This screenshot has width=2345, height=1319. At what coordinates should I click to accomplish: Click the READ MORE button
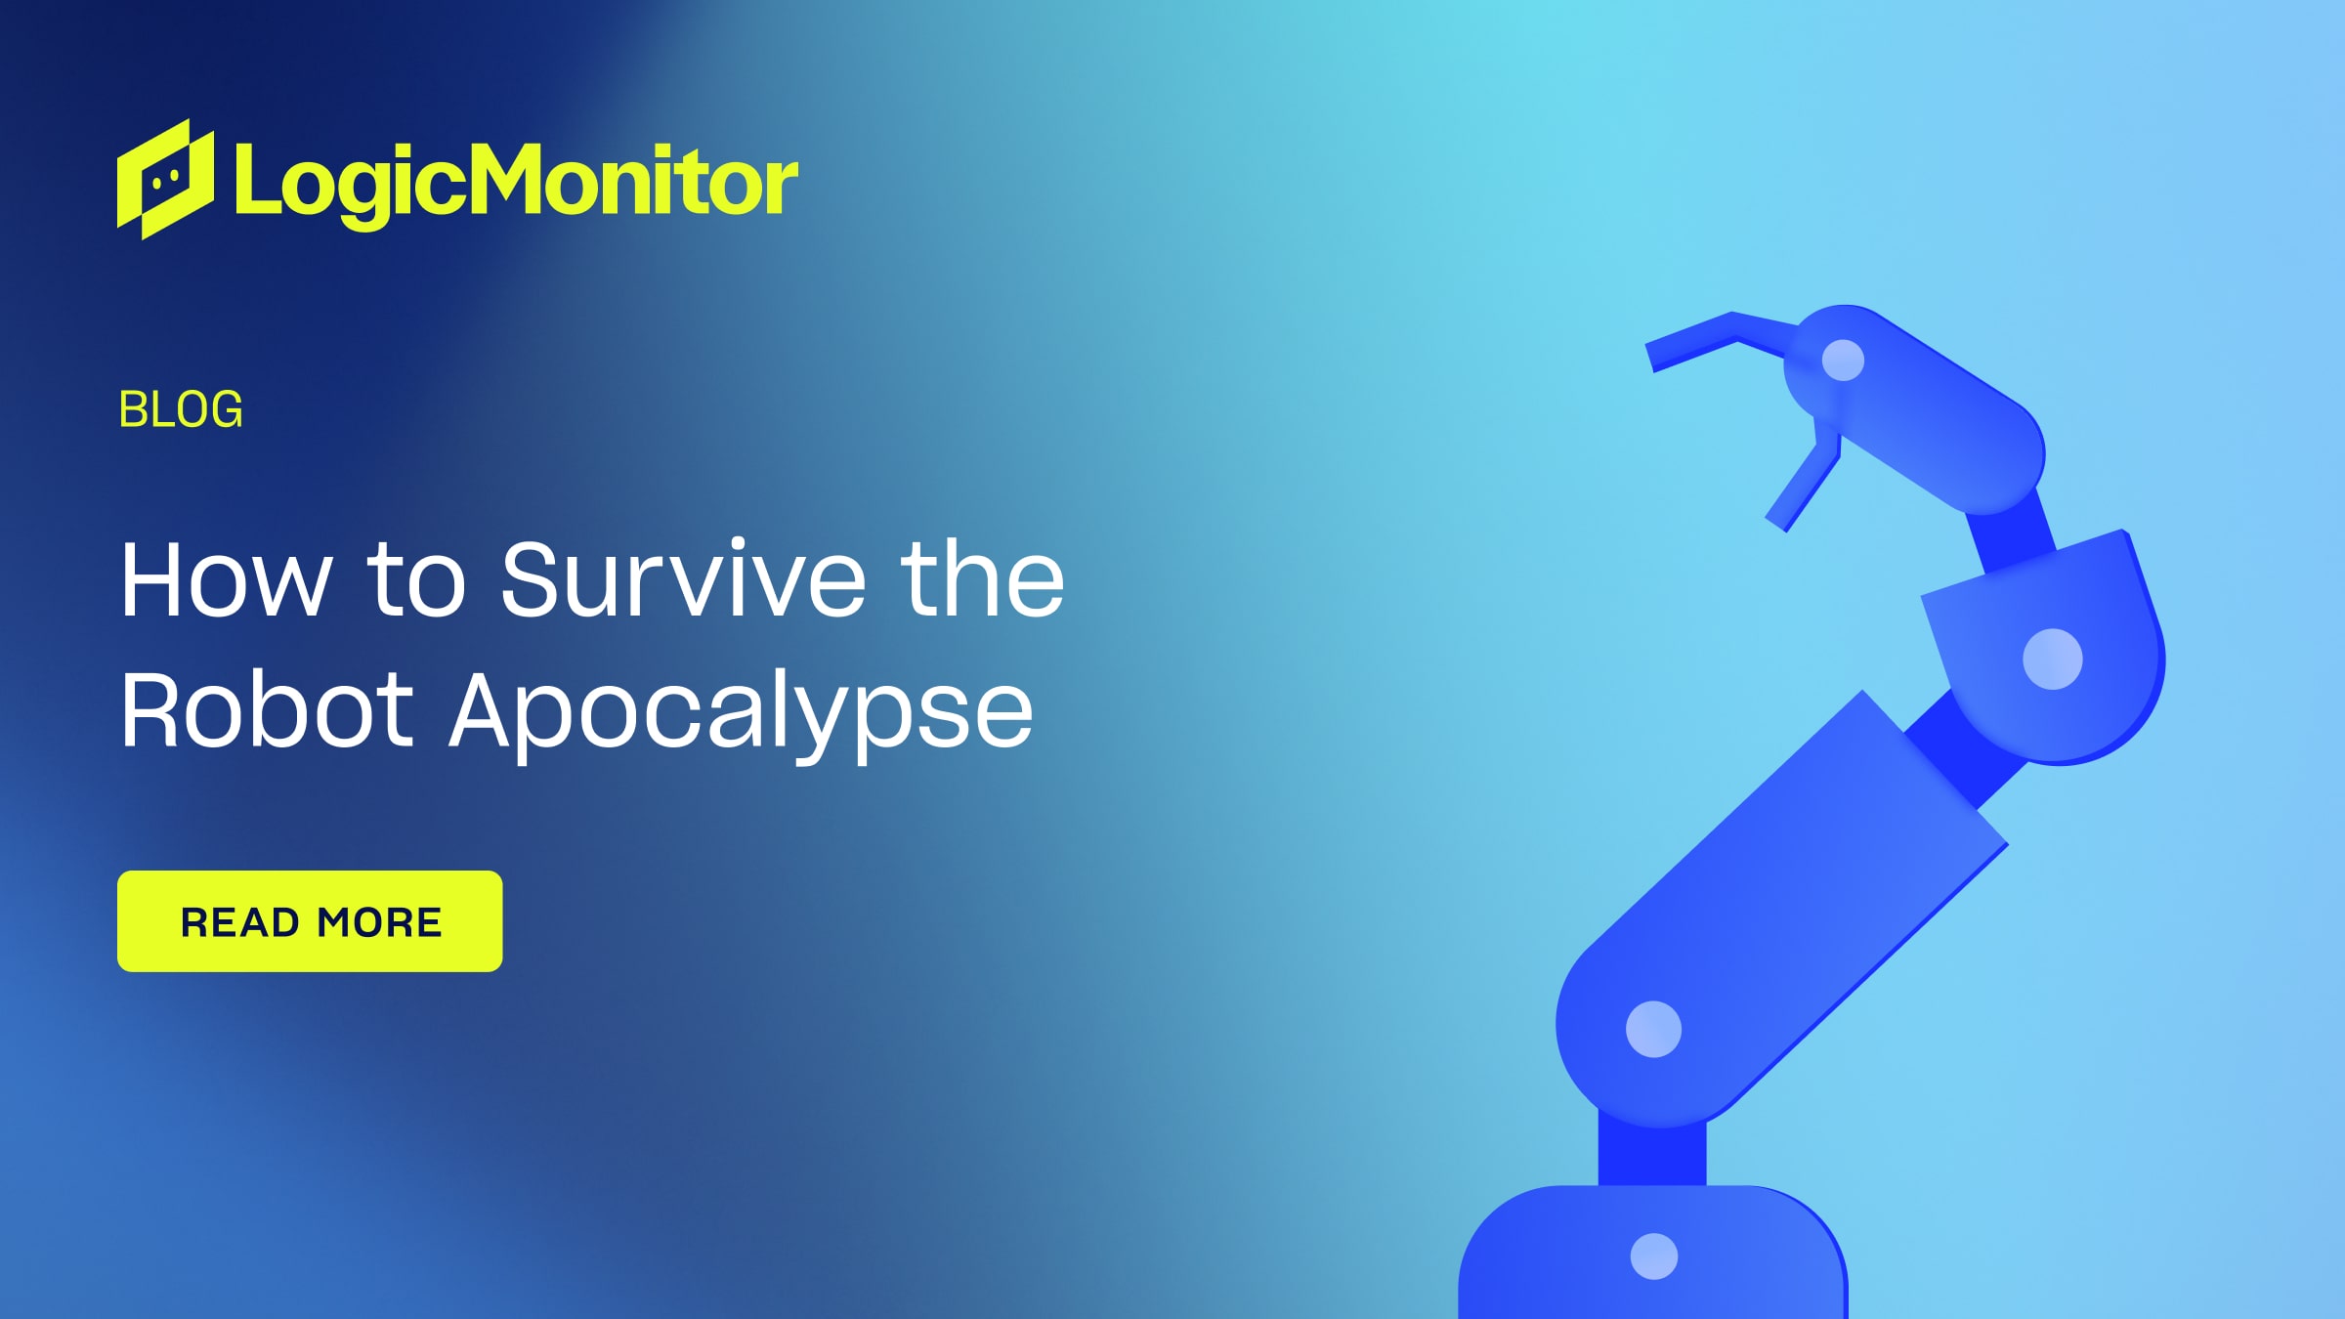pos(310,921)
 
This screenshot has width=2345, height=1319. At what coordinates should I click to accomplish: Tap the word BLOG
pos(181,409)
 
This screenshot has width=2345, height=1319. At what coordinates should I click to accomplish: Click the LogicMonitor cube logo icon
pos(165,180)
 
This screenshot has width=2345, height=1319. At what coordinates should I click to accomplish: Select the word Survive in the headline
pos(683,580)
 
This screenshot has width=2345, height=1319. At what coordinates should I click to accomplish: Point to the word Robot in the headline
pos(267,710)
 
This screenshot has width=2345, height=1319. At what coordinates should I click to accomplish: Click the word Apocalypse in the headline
pos(741,713)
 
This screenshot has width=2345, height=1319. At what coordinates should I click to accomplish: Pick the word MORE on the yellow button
pos(379,922)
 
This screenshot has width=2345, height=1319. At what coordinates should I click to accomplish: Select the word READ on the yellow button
pos(240,922)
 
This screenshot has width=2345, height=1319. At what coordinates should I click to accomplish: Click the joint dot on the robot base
pos(1654,1256)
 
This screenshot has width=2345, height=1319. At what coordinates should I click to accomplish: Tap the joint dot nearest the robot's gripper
pos(1843,360)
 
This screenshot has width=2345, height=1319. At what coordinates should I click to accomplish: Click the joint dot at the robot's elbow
pos(2052,659)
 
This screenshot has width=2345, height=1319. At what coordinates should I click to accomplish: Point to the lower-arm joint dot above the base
pos(1653,1029)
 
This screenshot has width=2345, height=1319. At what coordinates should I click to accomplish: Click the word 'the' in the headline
pos(982,580)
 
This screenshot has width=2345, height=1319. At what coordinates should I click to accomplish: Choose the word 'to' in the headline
pos(416,580)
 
